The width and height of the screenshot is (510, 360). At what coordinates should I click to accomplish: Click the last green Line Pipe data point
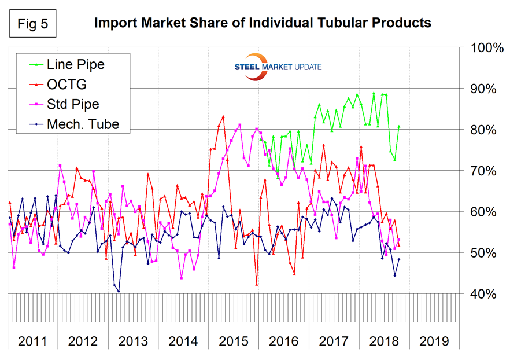point(399,127)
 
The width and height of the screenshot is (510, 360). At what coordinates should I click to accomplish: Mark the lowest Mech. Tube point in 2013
point(119,291)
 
